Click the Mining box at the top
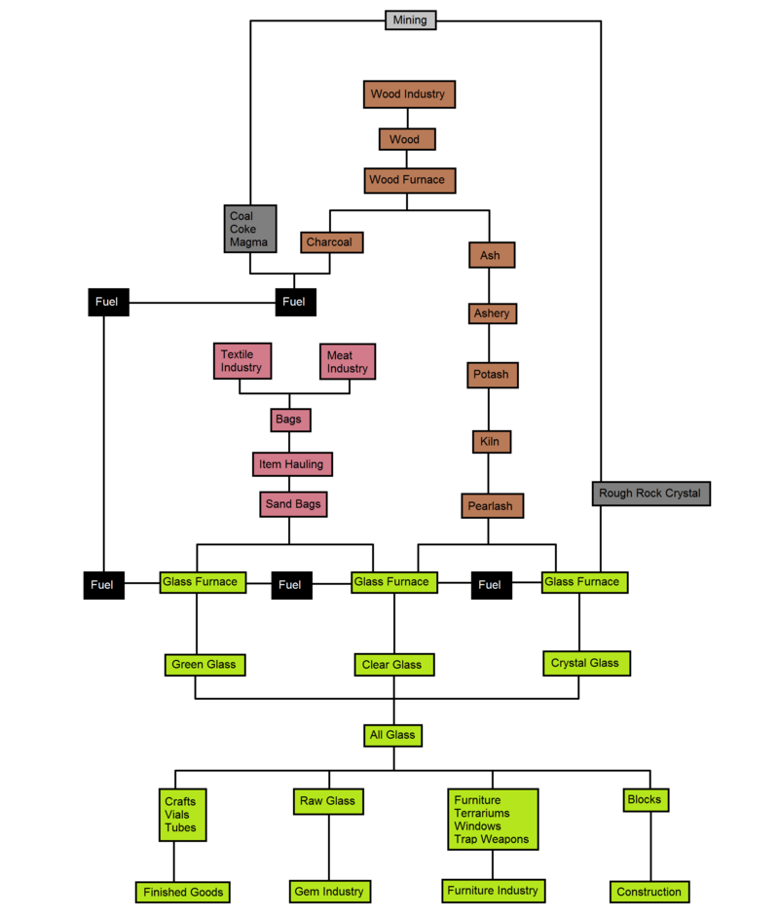pos(410,19)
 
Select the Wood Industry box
pos(407,94)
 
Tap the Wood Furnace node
pos(406,180)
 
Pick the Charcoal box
pos(331,241)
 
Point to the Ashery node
pos(491,313)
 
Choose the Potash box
pos(492,374)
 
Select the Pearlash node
pos(493,506)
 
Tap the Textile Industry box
pos(241,361)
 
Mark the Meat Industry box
pos(348,362)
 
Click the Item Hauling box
pos(292,464)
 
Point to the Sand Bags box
pos(293,505)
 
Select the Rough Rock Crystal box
pos(649,494)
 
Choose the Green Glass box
pos(204,665)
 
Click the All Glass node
pos(393,735)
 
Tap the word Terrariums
pos(482,813)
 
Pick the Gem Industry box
pos(328,891)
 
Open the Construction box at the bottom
pos(649,892)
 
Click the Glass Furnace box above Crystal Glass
pos(581,582)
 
